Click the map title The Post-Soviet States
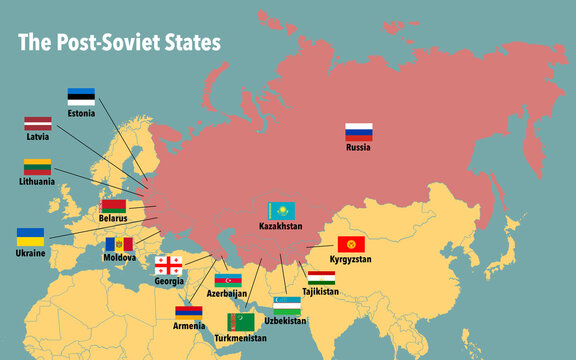pyautogui.click(x=120, y=43)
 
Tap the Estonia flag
pyautogui.click(x=81, y=97)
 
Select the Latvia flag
pyautogui.click(x=38, y=124)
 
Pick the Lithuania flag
pyautogui.click(x=37, y=167)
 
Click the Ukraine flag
pyautogui.click(x=30, y=237)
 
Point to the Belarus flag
pyautogui.click(x=113, y=205)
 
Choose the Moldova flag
pyautogui.click(x=119, y=244)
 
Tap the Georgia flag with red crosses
pyautogui.click(x=168, y=265)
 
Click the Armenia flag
pyautogui.click(x=189, y=313)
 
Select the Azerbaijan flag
pyautogui.click(x=228, y=280)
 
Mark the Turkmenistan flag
pyautogui.click(x=241, y=322)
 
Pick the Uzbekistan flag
pyautogui.click(x=287, y=305)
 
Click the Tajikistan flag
pyautogui.click(x=321, y=278)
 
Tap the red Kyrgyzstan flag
pyautogui.click(x=351, y=245)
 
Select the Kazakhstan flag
pyautogui.click(x=281, y=211)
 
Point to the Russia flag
pyautogui.click(x=359, y=131)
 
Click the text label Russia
pyautogui.click(x=359, y=147)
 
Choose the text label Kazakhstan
pyautogui.click(x=281, y=227)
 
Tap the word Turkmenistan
pyautogui.click(x=241, y=338)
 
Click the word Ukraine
pyautogui.click(x=31, y=253)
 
